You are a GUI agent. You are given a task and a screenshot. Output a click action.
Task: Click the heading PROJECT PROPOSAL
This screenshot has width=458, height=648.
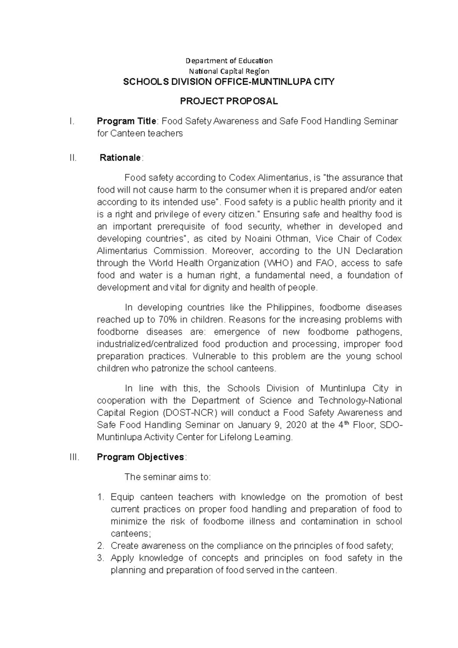(x=229, y=101)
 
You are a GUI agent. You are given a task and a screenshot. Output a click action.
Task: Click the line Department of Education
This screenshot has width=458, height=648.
(x=229, y=61)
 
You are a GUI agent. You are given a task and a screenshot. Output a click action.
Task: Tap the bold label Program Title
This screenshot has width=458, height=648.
(x=126, y=121)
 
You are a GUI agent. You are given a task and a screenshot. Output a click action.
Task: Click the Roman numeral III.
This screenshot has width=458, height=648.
(x=74, y=457)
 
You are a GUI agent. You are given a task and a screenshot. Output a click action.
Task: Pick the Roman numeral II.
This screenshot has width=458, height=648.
(x=73, y=158)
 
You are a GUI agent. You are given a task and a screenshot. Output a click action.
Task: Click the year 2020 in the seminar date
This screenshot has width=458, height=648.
(x=296, y=425)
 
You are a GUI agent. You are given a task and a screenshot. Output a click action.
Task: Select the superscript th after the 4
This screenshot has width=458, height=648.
(x=347, y=422)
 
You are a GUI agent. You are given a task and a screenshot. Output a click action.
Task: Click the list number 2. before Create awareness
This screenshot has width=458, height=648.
(x=101, y=546)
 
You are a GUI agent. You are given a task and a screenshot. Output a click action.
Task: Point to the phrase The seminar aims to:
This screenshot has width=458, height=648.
(x=168, y=477)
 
